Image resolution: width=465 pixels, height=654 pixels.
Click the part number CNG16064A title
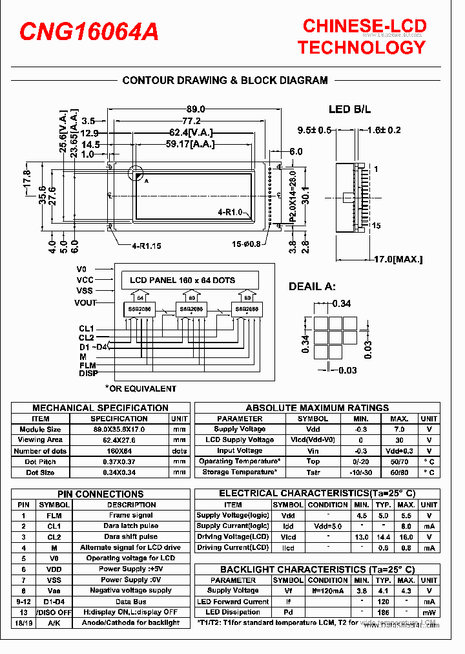pyautogui.click(x=89, y=32)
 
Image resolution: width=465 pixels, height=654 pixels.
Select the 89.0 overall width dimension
pyautogui.click(x=196, y=109)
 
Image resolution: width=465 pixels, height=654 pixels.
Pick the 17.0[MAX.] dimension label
pyautogui.click(x=398, y=259)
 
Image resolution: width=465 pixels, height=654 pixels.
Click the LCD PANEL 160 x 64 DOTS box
pyautogui.click(x=183, y=280)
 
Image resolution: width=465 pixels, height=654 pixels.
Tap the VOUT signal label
pyautogui.click(x=86, y=302)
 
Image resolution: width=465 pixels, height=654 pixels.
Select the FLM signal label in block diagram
pyautogui.click(x=88, y=365)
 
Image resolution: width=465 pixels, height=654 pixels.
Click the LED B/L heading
pyautogui.click(x=350, y=109)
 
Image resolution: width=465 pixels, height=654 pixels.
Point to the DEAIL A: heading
pyautogui.click(x=312, y=286)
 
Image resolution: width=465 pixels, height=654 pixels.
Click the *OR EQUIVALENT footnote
pyautogui.click(x=140, y=388)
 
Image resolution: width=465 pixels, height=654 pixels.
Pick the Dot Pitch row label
pyautogui.click(x=40, y=461)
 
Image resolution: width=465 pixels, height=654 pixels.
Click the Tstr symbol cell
pyautogui.click(x=313, y=472)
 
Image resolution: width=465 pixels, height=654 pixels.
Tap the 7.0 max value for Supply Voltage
pyautogui.click(x=399, y=429)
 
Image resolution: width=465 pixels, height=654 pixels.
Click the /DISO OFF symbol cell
pyautogui.click(x=54, y=612)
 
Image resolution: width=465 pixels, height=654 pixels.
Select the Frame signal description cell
pyautogui.click(x=131, y=516)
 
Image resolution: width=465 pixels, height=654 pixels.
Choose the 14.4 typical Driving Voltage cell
pyautogui.click(x=384, y=537)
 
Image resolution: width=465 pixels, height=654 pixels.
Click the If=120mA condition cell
pyautogui.click(x=328, y=591)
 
